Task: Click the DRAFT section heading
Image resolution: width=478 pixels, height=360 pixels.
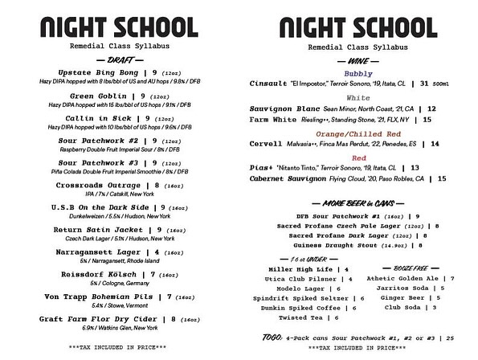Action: click(x=124, y=59)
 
